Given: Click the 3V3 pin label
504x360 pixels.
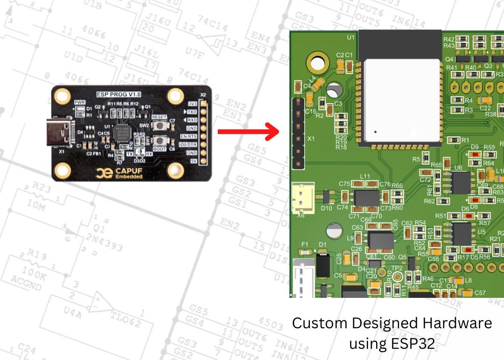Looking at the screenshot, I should (x=191, y=104).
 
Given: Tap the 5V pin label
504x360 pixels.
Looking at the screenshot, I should (x=192, y=161).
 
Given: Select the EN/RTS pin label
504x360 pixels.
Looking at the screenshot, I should (x=189, y=136).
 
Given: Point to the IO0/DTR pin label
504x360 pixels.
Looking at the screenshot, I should (x=188, y=144).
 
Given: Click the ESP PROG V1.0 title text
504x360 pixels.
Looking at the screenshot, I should (x=119, y=94).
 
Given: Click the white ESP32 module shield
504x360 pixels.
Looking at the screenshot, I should (x=402, y=100).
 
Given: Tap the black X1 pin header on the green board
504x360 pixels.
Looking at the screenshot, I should (x=298, y=133).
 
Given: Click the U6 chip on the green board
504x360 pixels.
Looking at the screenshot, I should (x=461, y=183).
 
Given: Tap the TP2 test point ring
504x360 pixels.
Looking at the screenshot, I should (x=398, y=277).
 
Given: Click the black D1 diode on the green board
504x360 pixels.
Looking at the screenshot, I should (x=322, y=265).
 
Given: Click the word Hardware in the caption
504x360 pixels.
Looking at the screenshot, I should (x=457, y=323).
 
